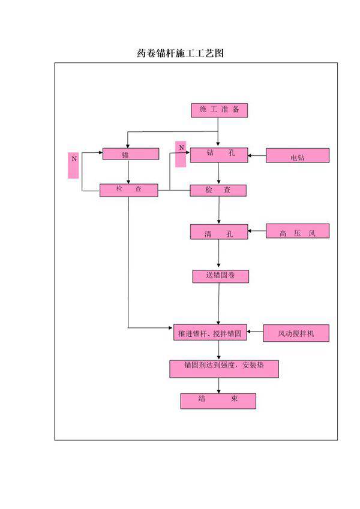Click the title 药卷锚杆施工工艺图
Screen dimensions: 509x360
pos(180,53)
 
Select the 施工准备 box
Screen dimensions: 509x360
pos(219,110)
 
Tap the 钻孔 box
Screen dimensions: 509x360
pos(218,155)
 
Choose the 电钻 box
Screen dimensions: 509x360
pos(298,156)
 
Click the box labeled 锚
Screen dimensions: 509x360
pos(130,154)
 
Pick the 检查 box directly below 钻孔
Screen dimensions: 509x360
pos(218,190)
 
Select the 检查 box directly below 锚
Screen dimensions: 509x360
pos(129,190)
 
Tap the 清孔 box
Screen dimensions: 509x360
pos(218,232)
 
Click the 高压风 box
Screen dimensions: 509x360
pos(298,231)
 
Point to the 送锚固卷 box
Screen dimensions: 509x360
pos(218,276)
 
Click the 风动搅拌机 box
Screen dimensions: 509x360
pos(296,333)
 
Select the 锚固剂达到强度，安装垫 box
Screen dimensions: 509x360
pos(224,369)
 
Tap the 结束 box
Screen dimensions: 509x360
pos(218,401)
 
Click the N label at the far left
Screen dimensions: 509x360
pos(74,165)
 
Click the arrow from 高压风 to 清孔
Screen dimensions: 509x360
pos(257,230)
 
